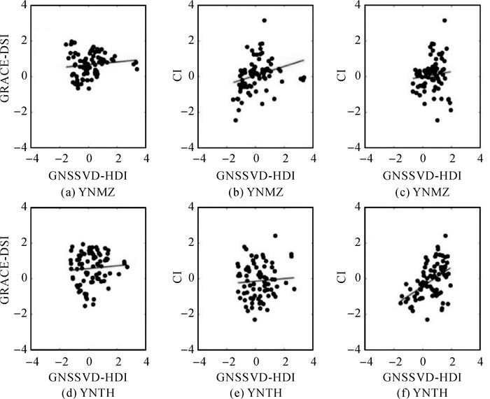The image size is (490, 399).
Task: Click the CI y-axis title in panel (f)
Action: [348, 278]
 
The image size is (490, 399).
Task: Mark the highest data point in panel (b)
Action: [265, 20]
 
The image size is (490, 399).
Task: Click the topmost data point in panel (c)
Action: [444, 20]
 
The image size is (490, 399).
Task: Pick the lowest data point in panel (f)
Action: [427, 319]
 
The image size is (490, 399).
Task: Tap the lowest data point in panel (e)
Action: [255, 319]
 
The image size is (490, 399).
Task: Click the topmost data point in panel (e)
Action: [276, 235]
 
